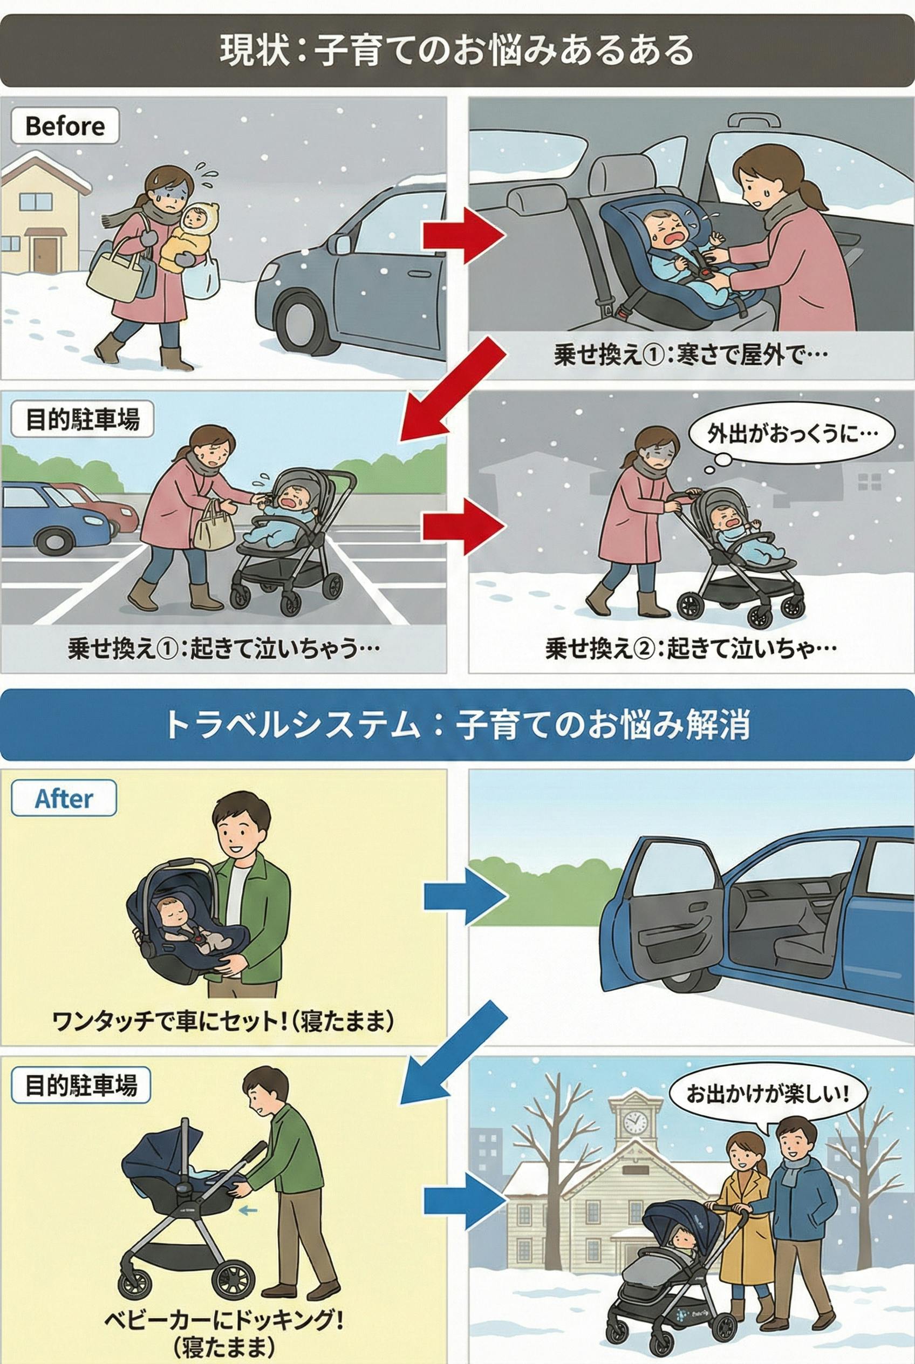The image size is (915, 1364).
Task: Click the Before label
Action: (65, 126)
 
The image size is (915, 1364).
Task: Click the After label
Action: (64, 799)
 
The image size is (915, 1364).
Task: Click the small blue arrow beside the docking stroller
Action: (248, 1211)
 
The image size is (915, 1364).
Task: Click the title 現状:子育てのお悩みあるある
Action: (457, 50)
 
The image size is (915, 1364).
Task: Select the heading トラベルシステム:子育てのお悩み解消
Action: (457, 726)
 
